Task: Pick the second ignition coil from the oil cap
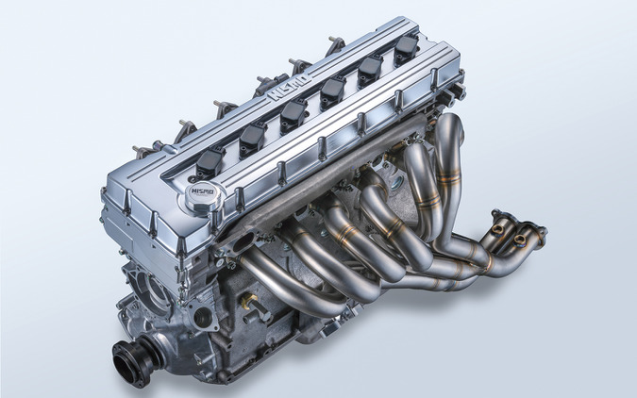click(252, 137)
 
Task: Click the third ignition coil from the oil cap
click(293, 113)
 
